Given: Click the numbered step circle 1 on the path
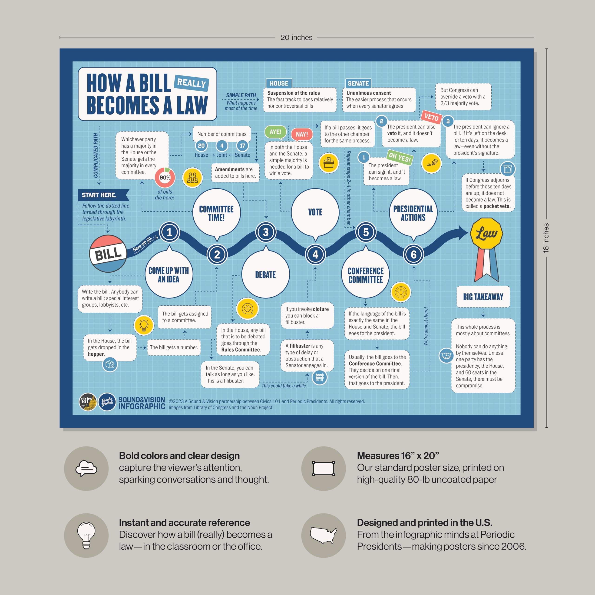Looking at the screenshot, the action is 169,232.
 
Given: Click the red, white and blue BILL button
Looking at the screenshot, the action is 108,254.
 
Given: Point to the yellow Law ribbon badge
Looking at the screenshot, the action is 486,234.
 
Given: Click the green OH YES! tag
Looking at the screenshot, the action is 400,157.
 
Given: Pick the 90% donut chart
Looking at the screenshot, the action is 165,177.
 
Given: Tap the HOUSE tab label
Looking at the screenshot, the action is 279,83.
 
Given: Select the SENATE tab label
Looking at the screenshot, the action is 358,83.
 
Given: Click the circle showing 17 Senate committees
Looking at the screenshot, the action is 242,146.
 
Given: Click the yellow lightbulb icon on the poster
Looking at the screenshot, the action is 144,325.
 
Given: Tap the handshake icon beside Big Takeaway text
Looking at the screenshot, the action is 446,356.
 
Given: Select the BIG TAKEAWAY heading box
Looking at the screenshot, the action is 483,297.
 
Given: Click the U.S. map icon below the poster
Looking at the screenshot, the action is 323,535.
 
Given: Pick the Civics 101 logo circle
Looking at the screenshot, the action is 88,402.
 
